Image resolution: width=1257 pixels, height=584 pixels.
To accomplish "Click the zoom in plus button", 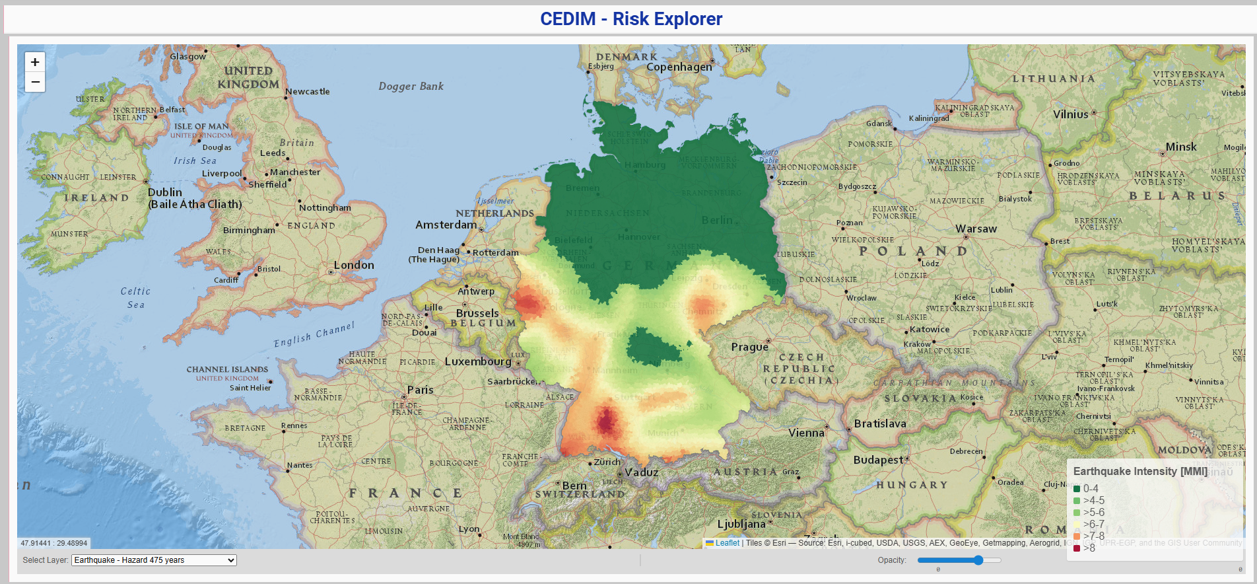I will [35, 62].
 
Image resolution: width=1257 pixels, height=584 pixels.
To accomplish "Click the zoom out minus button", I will [35, 82].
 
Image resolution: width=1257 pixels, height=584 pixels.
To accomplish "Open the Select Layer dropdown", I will [154, 560].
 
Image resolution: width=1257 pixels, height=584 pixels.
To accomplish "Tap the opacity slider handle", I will [978, 560].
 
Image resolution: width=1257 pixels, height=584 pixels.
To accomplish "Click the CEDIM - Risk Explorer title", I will [630, 19].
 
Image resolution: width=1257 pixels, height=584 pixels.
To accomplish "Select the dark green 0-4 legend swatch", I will [1077, 489].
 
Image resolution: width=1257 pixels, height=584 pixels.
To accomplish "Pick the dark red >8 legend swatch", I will [1077, 548].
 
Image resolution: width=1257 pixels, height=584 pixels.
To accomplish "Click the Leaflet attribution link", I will [727, 543].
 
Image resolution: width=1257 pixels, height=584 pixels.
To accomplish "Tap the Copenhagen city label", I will [679, 67].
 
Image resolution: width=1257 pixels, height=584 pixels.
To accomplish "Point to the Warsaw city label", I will [976, 229].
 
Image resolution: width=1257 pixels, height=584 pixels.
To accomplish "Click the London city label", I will [354, 265].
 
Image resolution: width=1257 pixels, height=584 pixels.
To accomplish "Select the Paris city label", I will [421, 390].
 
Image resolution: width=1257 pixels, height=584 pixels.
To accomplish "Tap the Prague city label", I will [749, 347].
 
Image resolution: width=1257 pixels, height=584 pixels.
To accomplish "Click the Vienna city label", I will [806, 433].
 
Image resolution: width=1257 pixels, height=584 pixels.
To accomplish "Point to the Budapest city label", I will [878, 460].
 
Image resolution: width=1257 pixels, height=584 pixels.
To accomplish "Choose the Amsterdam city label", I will [446, 225].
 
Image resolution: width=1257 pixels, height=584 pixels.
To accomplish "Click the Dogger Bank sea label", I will [411, 87].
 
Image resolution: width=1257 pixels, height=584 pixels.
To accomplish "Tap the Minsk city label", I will [1180, 147].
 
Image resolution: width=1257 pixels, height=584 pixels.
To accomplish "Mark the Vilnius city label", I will [1070, 114].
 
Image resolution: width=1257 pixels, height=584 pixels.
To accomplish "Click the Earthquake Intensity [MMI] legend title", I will [1140, 471].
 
